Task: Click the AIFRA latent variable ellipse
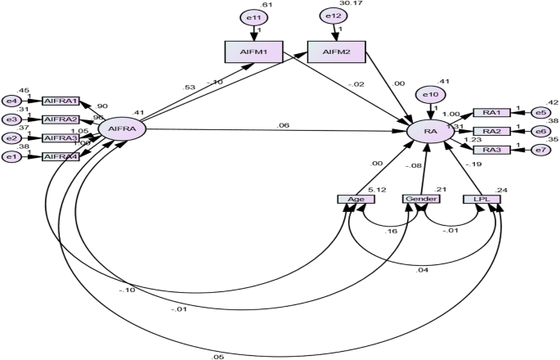point(122,128)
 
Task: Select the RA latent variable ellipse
point(431,129)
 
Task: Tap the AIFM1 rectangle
point(253,52)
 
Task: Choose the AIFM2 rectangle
point(336,52)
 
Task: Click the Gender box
point(420,199)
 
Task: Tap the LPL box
point(482,199)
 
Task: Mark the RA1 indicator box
point(491,113)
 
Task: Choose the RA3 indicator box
point(491,150)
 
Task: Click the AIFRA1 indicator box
point(60,101)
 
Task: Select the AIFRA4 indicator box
point(60,155)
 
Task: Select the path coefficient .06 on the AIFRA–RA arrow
point(282,124)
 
